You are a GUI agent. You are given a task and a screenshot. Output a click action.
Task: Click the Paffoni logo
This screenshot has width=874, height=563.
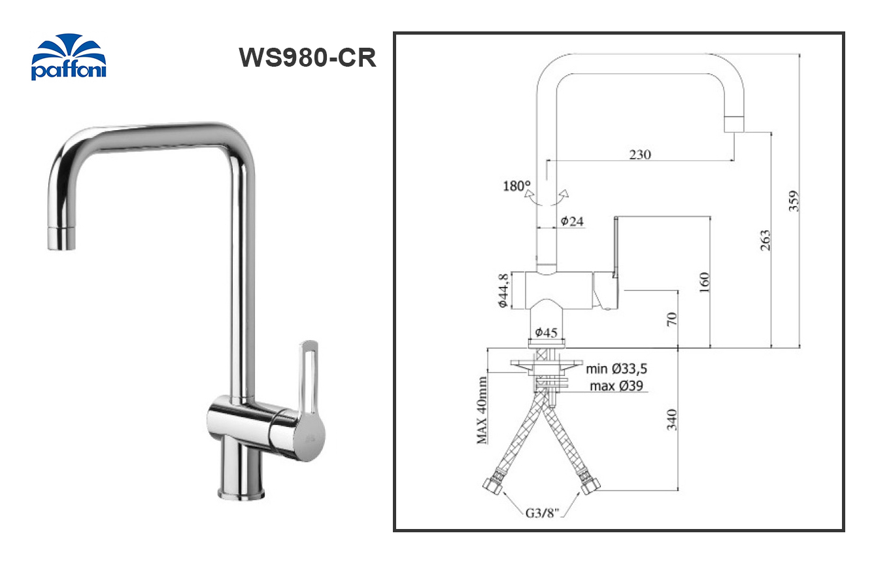pyautogui.click(x=68, y=58)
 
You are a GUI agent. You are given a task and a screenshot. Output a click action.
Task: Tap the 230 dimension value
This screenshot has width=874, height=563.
pyautogui.click(x=640, y=155)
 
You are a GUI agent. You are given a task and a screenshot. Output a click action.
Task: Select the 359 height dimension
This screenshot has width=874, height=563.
pyautogui.click(x=793, y=201)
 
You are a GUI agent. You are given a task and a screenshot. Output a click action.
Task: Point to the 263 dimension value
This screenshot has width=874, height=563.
pyautogui.click(x=765, y=240)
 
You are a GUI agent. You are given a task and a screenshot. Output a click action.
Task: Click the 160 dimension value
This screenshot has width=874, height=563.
pyautogui.click(x=703, y=282)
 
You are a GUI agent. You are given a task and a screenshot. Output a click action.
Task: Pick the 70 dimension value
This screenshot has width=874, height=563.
pyautogui.click(x=673, y=319)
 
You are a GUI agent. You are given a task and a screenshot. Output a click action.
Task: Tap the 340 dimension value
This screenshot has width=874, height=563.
pyautogui.click(x=672, y=419)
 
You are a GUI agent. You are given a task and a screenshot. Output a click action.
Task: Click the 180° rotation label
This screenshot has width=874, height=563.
pyautogui.click(x=516, y=186)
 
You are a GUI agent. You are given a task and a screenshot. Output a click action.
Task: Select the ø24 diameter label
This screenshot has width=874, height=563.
pyautogui.click(x=571, y=222)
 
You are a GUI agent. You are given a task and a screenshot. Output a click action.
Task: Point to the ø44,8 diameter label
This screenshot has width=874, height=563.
pyautogui.click(x=503, y=290)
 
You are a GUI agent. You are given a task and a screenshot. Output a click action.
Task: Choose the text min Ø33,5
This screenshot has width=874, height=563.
pyautogui.click(x=616, y=369)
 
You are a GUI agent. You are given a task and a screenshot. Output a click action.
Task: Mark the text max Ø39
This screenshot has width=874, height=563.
pyautogui.click(x=616, y=386)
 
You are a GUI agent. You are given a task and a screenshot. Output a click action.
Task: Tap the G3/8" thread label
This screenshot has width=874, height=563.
pyautogui.click(x=542, y=513)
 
